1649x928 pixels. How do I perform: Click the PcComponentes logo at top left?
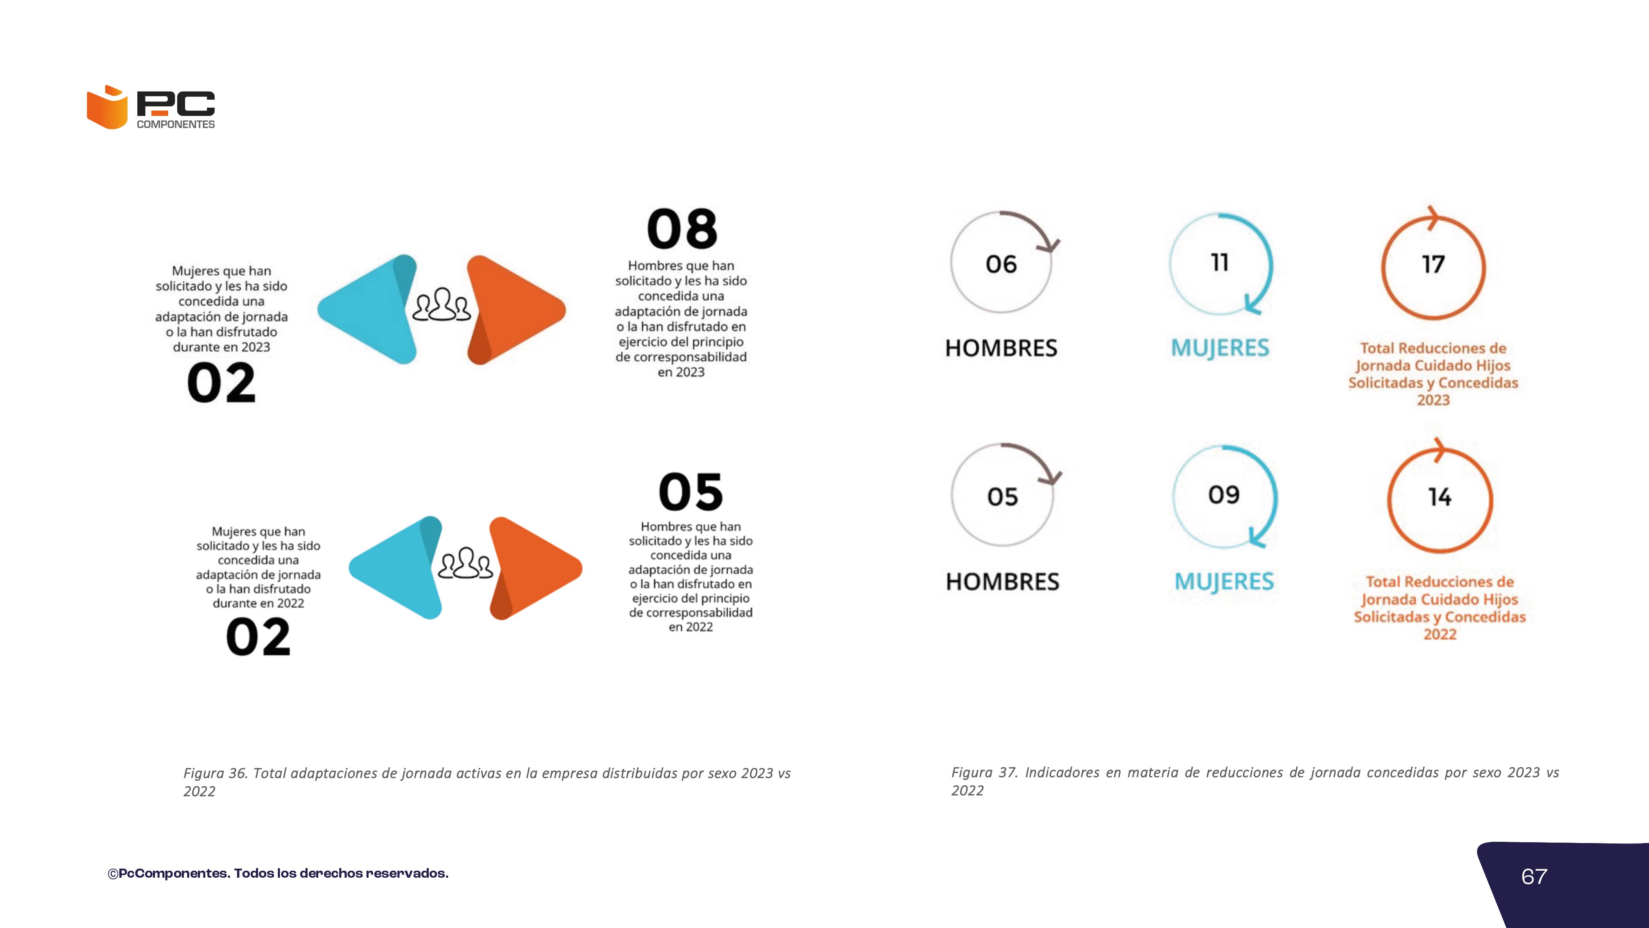(x=151, y=107)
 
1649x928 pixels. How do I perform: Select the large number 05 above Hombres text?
(x=691, y=492)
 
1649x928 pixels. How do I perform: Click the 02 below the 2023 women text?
(x=221, y=383)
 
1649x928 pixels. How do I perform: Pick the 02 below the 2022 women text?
(x=258, y=637)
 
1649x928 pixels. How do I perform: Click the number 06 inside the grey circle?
(x=1001, y=264)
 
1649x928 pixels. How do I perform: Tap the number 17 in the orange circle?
(x=1433, y=264)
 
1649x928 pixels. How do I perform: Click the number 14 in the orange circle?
(x=1440, y=497)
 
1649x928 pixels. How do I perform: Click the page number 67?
(x=1534, y=876)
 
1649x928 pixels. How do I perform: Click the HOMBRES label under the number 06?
(x=1001, y=348)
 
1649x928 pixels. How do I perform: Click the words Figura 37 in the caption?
(x=984, y=773)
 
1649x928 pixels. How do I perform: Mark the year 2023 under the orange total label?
(x=1433, y=400)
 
